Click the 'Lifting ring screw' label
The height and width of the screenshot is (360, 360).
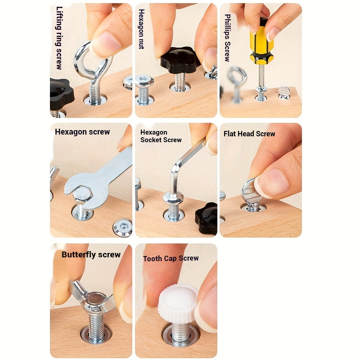click(59, 38)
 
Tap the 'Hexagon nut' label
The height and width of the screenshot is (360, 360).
click(142, 29)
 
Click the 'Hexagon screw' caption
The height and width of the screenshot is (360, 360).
click(82, 132)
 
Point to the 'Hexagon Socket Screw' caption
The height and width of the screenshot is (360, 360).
click(161, 136)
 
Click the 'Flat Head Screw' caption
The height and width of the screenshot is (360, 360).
click(249, 134)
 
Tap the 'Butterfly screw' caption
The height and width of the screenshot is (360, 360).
click(91, 255)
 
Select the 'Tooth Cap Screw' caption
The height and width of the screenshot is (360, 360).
click(171, 258)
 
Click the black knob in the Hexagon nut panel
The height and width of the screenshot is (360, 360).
click(180, 60)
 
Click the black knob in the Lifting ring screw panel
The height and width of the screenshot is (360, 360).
click(60, 94)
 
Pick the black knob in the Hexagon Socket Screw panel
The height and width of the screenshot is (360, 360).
click(207, 217)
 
